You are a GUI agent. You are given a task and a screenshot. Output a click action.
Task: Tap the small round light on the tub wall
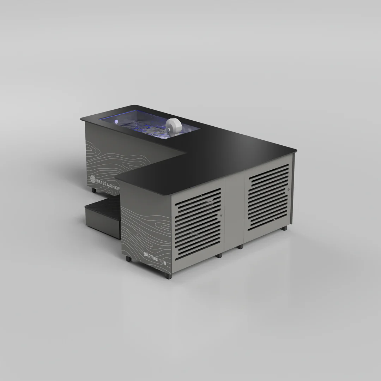point(116,121)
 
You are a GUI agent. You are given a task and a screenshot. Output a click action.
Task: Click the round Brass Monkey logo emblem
point(93,179)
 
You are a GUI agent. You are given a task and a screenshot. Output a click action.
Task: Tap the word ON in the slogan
point(164,263)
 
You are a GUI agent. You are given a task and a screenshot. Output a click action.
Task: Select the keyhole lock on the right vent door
point(289,189)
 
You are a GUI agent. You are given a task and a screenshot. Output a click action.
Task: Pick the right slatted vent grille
point(268,198)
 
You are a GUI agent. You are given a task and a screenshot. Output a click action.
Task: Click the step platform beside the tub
point(102,212)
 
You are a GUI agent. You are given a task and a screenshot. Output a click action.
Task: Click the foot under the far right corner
point(284,228)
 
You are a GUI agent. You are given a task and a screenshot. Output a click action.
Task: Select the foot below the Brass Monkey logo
point(94,190)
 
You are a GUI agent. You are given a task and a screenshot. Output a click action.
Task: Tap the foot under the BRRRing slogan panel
point(128,259)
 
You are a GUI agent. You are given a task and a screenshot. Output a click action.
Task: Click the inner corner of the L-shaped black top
point(186,153)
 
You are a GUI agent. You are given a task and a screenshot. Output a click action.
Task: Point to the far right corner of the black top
point(296,151)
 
